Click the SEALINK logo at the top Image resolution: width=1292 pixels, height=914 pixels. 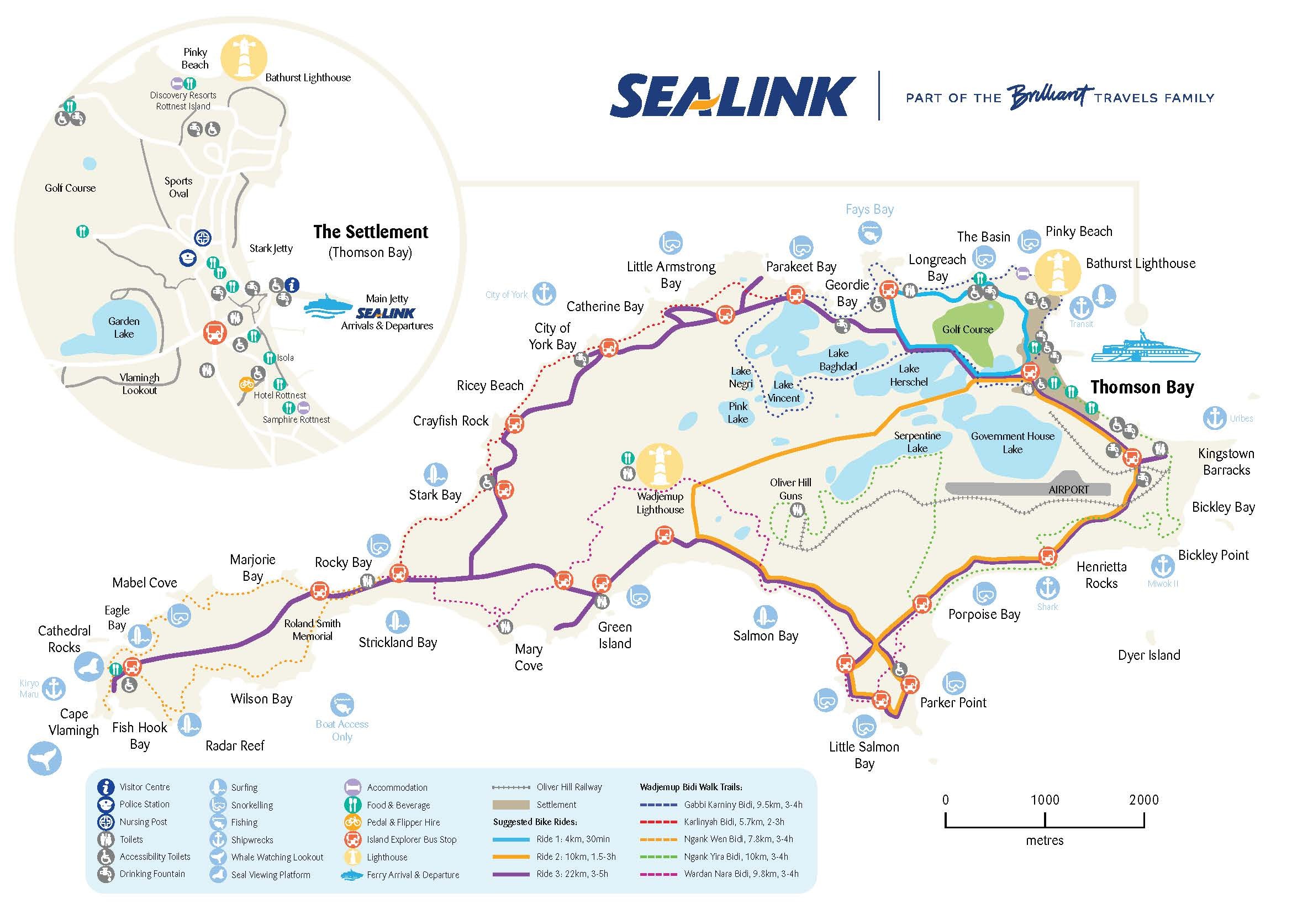pyautogui.click(x=731, y=97)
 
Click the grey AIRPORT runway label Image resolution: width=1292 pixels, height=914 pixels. pyautogui.click(x=1068, y=490)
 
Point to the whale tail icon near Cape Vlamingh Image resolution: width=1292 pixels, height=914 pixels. pyautogui.click(x=44, y=758)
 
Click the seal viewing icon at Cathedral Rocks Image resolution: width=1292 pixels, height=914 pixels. pyautogui.click(x=88, y=667)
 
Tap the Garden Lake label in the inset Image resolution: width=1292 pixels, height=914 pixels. pyautogui.click(x=123, y=327)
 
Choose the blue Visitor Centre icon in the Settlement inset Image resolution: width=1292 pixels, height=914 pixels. pyautogui.click(x=292, y=285)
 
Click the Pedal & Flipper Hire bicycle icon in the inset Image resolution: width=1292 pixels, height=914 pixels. pyautogui.click(x=246, y=385)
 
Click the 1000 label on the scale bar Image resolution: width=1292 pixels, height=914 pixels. pyautogui.click(x=1045, y=800)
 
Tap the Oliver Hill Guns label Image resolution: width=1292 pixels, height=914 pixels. pyautogui.click(x=790, y=488)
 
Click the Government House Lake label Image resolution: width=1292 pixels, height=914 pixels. pyautogui.click(x=1012, y=443)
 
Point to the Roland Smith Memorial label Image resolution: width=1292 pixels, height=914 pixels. pyautogui.click(x=312, y=629)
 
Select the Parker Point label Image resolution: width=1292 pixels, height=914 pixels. pyautogui.click(x=953, y=702)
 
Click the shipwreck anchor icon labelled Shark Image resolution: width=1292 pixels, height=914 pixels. pyautogui.click(x=1047, y=588)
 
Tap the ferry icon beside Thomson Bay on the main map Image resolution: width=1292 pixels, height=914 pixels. pyautogui.click(x=1145, y=348)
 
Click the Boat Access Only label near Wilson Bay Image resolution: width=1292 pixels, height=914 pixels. pyautogui.click(x=341, y=730)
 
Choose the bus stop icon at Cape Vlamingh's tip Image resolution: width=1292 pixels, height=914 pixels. pyautogui.click(x=132, y=668)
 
